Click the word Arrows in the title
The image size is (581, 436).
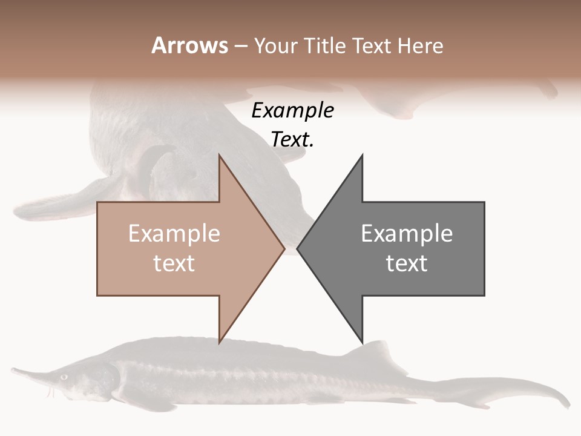pos(190,45)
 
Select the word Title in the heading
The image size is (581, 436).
pos(324,45)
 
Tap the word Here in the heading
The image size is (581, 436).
pos(421,45)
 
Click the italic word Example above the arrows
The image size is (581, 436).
pos(292,111)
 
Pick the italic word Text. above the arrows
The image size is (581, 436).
pos(292,140)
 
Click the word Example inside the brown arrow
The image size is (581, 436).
pos(174,234)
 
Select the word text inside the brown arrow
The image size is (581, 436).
pos(174,263)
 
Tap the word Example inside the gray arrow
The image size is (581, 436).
pos(407,234)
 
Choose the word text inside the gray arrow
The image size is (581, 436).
pos(407,263)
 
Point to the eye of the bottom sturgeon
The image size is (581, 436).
pos(64,377)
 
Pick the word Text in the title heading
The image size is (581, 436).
pos(371,45)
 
